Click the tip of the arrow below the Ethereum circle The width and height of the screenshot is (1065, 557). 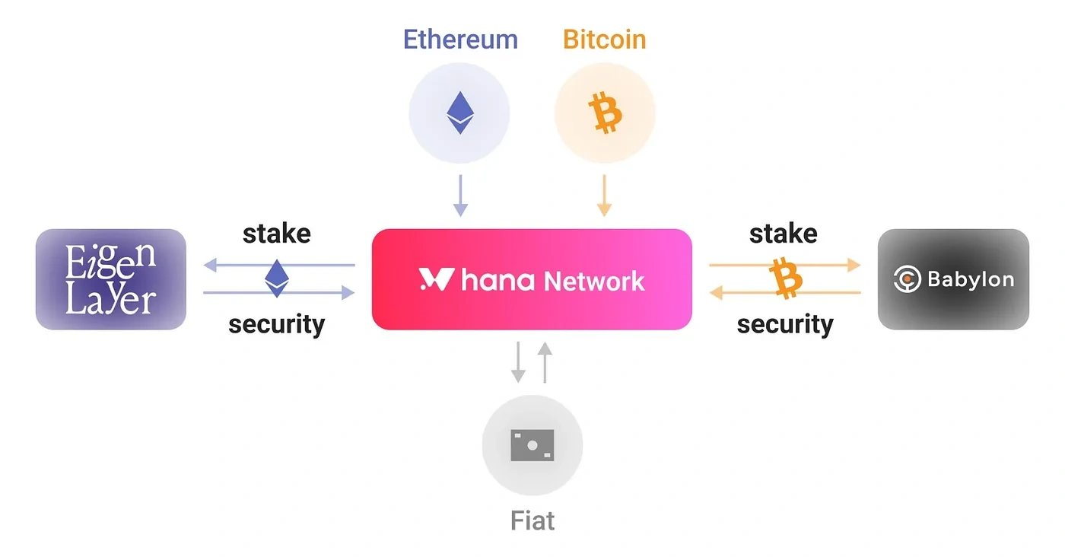click(x=460, y=217)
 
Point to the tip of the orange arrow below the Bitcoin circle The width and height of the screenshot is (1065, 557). click(x=604, y=217)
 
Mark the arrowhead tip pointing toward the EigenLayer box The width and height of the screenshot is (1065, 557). click(x=204, y=265)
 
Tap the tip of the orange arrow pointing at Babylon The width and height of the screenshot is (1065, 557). click(x=861, y=265)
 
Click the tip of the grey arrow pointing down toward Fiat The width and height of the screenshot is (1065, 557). click(x=518, y=383)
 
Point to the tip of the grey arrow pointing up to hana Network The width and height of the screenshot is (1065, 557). click(x=545, y=342)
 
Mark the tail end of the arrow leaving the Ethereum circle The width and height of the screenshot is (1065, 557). click(x=460, y=175)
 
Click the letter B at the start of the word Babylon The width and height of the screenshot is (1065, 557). click(x=934, y=279)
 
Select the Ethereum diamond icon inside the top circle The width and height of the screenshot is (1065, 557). click(x=460, y=113)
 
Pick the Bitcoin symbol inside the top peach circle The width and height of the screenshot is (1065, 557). click(x=605, y=113)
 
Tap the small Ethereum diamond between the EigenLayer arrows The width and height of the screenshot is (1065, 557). click(x=277, y=278)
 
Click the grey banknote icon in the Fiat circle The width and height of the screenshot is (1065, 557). click(x=532, y=445)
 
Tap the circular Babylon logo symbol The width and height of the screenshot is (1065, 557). click(x=907, y=279)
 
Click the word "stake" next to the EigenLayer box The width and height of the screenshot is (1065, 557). click(x=277, y=234)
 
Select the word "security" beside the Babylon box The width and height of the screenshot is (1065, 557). click(x=785, y=325)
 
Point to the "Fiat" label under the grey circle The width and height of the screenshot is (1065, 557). click(x=532, y=520)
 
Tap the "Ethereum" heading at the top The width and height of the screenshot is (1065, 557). click(x=460, y=40)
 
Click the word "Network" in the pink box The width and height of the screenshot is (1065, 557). click(x=594, y=281)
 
